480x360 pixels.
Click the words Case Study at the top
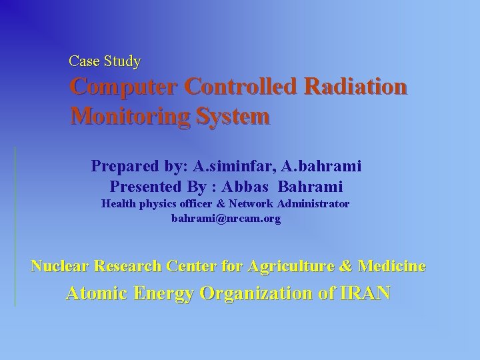click(x=105, y=61)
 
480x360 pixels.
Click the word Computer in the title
click(x=124, y=87)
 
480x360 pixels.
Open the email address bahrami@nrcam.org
click(x=226, y=218)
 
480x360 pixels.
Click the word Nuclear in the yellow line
click(x=60, y=267)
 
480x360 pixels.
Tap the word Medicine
click(x=393, y=267)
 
